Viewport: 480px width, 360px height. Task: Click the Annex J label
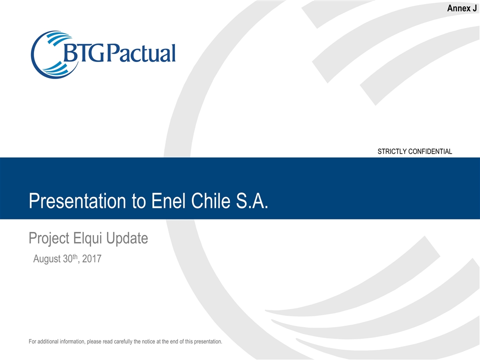coord(461,8)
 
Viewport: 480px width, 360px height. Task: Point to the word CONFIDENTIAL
coord(432,151)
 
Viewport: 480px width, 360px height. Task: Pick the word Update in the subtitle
coord(129,238)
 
